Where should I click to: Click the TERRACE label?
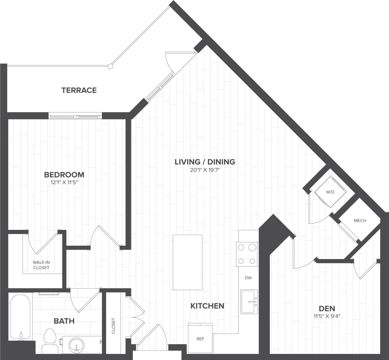point(79,90)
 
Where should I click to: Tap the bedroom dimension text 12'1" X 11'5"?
point(64,183)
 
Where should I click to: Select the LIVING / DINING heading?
point(205,162)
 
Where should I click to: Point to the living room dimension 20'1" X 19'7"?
point(205,170)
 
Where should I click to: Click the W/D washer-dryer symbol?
point(330,192)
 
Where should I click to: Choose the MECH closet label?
point(360,220)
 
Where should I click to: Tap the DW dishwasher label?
point(248,278)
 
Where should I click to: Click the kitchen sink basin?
point(249,302)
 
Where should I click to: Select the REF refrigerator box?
point(200,339)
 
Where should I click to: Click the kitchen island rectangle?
point(188,262)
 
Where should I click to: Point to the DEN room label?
point(327,308)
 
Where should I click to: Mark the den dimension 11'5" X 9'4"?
point(327,316)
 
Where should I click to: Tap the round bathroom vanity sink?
point(76,345)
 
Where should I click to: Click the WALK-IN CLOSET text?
point(41,265)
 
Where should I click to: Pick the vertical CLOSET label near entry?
point(114,326)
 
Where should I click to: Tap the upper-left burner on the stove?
point(241,247)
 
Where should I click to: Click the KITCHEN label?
point(207,306)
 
